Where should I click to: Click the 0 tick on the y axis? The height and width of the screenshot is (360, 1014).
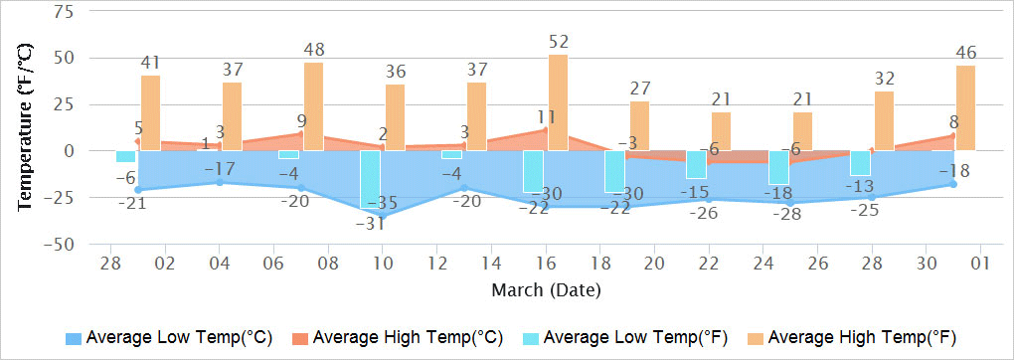[69, 151]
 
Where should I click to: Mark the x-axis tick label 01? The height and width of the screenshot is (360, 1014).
[980, 265]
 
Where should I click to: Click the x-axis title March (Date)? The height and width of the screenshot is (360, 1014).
[545, 289]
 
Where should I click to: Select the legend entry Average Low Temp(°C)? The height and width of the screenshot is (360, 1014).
[169, 335]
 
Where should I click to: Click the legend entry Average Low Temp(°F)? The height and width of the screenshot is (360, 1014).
[623, 335]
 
